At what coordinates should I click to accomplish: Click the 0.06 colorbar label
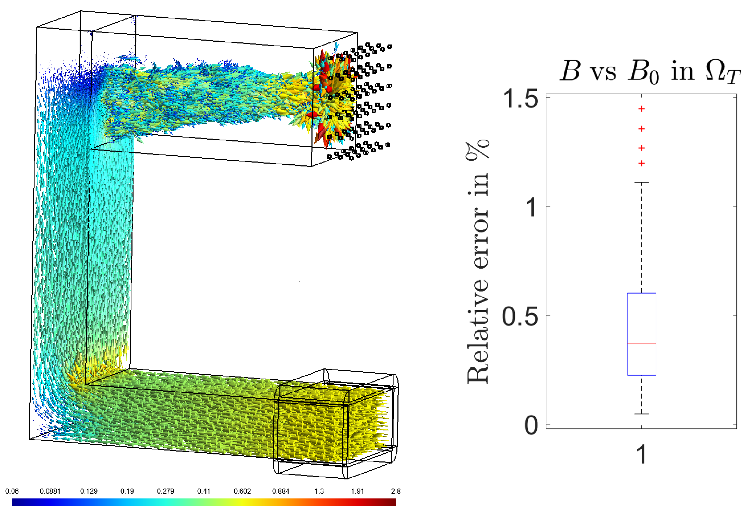pyautogui.click(x=12, y=491)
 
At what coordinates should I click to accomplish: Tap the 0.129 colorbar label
pyautogui.click(x=89, y=491)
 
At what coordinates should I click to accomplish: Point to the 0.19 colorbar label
pyautogui.click(x=127, y=491)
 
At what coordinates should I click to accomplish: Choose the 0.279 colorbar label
pyautogui.click(x=165, y=491)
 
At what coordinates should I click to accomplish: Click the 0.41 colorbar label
pyautogui.click(x=204, y=491)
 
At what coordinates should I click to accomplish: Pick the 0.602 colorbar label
pyautogui.click(x=242, y=491)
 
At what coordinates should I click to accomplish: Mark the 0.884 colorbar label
pyautogui.click(x=281, y=491)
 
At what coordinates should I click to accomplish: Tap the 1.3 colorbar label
pyautogui.click(x=319, y=491)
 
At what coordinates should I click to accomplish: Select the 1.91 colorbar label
pyautogui.click(x=358, y=491)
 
